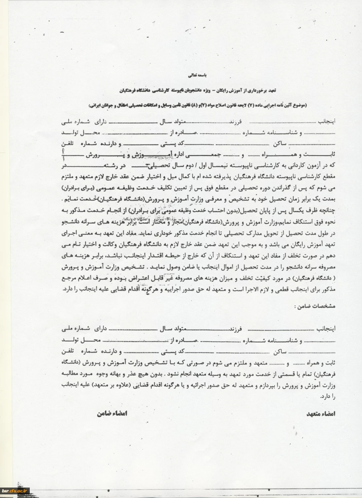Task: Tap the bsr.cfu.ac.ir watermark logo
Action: pyautogui.click(x=15, y=491)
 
